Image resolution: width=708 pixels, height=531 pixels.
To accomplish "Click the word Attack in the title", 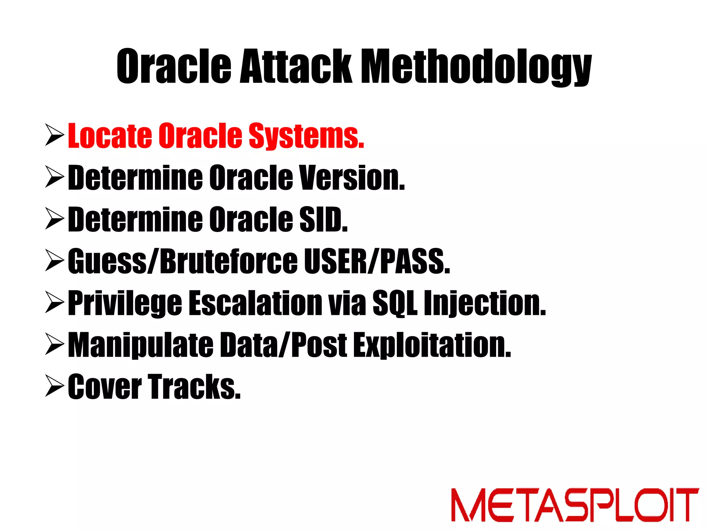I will (296, 66).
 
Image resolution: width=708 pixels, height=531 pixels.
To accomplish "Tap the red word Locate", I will (110, 136).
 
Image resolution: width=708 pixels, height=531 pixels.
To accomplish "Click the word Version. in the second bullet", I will (352, 178).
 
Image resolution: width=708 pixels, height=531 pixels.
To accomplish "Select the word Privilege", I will (125, 304).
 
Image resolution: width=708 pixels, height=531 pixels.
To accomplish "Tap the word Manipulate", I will (140, 345).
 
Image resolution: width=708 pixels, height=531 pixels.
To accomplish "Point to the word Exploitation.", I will (432, 345).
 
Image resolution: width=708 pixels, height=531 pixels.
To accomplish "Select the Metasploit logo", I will (575, 505).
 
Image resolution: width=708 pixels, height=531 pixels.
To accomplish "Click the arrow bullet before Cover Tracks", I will (55, 386).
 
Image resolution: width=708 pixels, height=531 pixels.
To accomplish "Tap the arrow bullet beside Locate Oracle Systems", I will (55, 136).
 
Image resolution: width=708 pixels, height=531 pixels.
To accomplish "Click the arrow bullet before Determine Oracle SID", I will (55, 219).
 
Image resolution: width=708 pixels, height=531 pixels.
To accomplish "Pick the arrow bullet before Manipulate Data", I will (55, 345).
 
